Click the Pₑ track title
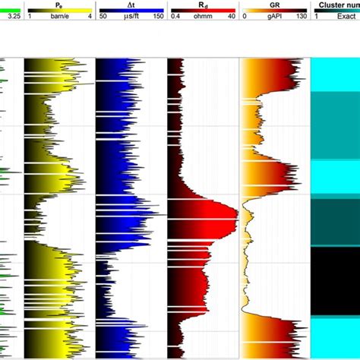(58, 4)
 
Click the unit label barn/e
(58, 15)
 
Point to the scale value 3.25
(8, 15)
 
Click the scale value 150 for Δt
(157, 15)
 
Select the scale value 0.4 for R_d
(175, 15)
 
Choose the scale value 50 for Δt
(103, 15)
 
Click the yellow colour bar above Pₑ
(58, 10)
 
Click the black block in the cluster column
(335, 281)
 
